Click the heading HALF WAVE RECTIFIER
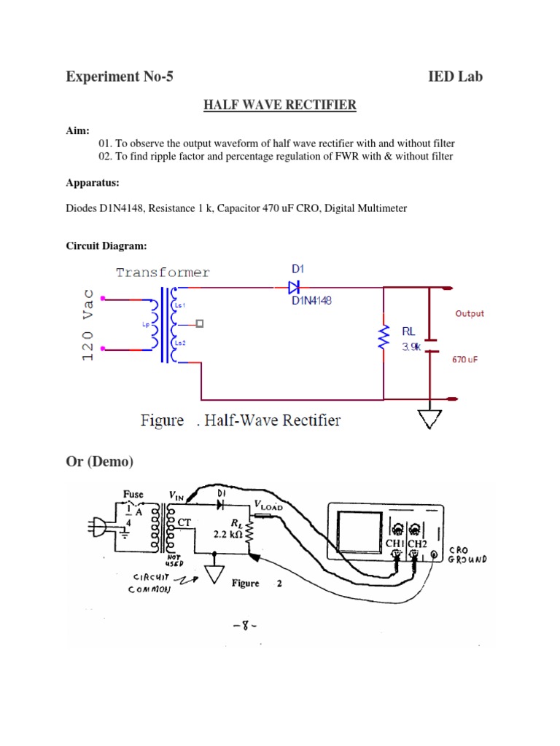pos(279,106)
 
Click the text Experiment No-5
pos(120,76)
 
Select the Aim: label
pos(78,130)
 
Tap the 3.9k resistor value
pos(411,348)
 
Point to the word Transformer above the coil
pos(163,272)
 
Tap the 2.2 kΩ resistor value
pos(227,534)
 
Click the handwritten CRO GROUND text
pos(466,555)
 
